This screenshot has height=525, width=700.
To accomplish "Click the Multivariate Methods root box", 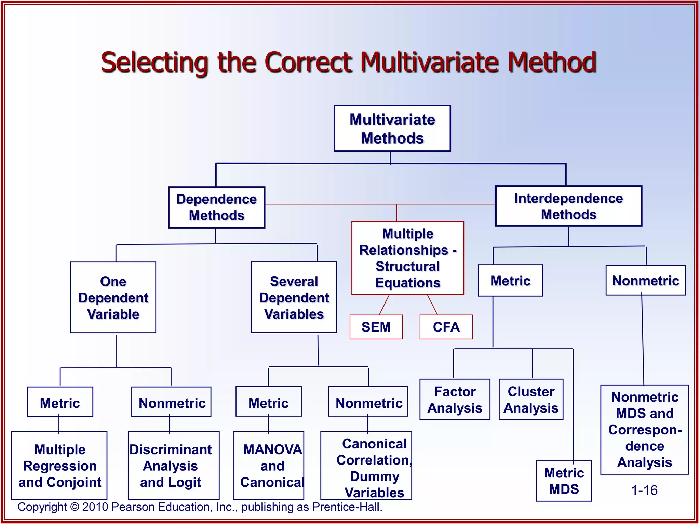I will click(x=392, y=129).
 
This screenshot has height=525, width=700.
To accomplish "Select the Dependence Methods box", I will click(x=216, y=207).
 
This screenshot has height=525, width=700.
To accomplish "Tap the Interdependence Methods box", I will click(x=568, y=206).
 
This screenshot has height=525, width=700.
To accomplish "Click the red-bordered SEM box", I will click(x=376, y=327).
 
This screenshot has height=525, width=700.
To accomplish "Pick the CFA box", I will click(x=446, y=327).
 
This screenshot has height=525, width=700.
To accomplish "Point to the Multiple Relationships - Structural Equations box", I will click(x=407, y=258).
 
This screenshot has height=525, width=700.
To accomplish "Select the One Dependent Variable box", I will click(x=113, y=297).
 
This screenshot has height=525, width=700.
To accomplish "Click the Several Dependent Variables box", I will click(x=294, y=297).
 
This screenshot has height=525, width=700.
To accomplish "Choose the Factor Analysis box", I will click(x=455, y=399).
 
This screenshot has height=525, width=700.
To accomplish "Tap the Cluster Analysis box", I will click(x=531, y=399).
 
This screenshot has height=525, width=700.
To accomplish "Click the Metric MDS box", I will click(x=564, y=481).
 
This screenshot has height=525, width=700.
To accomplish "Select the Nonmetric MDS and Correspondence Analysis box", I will click(x=645, y=430).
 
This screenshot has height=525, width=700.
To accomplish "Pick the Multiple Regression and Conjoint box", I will click(x=59, y=466).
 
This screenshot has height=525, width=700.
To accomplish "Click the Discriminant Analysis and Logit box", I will click(x=173, y=466).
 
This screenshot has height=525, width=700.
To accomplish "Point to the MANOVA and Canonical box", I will click(x=268, y=466).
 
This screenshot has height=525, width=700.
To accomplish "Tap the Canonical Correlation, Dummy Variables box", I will click(x=366, y=466).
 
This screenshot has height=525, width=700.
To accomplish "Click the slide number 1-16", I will click(x=644, y=490).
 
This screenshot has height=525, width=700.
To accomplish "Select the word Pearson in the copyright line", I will click(x=133, y=507).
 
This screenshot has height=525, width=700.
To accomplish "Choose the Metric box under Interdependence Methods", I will click(x=510, y=281).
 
